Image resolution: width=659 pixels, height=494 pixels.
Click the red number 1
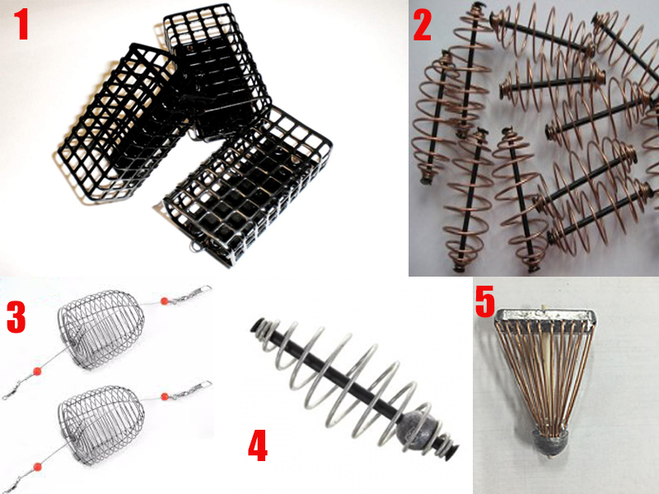pos(21,25)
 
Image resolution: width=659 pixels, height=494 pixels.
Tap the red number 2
pos(423,26)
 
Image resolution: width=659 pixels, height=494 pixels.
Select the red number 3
pos(16,318)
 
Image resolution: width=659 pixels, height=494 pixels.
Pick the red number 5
pos(485,301)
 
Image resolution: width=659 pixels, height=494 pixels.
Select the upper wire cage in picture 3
pos(100,330)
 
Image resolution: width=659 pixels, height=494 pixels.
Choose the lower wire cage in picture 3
pos(100,425)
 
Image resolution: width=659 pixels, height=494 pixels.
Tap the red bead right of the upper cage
pos(164,301)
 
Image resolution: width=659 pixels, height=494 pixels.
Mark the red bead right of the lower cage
pos(164,396)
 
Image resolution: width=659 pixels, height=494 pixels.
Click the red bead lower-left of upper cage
pos(37,371)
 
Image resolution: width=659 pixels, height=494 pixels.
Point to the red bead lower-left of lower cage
pos(37,466)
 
